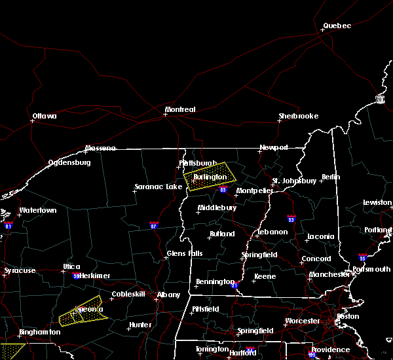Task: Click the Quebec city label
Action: tap(337, 26)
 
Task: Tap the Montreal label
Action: tap(180, 109)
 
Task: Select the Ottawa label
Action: tap(45, 117)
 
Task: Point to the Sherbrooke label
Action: tap(299, 116)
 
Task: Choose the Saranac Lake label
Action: tap(158, 187)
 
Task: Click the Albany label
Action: tap(168, 295)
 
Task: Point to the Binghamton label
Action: tap(40, 332)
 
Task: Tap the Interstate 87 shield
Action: tap(153, 225)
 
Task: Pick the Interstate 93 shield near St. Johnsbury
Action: tap(291, 219)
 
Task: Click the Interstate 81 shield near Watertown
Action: tap(9, 225)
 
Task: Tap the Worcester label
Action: tap(302, 321)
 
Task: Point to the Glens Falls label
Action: tap(185, 253)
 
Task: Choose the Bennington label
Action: tap(215, 282)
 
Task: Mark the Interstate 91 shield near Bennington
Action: tap(234, 285)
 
